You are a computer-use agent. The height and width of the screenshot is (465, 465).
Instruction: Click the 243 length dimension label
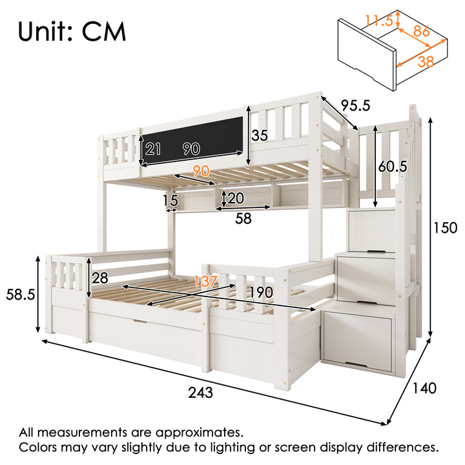pyautogui.click(x=200, y=393)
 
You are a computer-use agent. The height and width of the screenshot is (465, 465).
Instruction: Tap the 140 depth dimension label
pyautogui.click(x=424, y=388)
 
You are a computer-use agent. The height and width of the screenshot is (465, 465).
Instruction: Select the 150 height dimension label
pyautogui.click(x=446, y=228)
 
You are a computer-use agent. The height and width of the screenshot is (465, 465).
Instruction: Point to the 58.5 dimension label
pyautogui.click(x=21, y=294)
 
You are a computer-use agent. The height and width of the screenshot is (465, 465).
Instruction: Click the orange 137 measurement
pyautogui.click(x=205, y=281)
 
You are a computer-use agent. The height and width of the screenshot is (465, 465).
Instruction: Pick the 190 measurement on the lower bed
pyautogui.click(x=261, y=293)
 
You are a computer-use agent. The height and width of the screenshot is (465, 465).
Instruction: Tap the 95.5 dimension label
pyautogui.click(x=355, y=105)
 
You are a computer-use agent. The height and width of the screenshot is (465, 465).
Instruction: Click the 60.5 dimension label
pyautogui.click(x=393, y=167)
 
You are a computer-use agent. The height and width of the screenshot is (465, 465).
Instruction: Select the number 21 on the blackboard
pyautogui.click(x=152, y=149)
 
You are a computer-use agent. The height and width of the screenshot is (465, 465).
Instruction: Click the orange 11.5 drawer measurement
pyautogui.click(x=378, y=21)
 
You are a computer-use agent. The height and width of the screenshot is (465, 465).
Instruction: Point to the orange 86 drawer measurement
pyautogui.click(x=421, y=31)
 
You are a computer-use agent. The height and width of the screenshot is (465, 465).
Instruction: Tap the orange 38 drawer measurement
pyautogui.click(x=426, y=62)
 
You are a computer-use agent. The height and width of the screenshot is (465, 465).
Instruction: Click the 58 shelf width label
pyautogui.click(x=243, y=218)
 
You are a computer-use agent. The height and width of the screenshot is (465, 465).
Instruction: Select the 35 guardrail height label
pyautogui.click(x=260, y=136)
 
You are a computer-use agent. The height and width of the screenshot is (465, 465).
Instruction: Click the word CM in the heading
pyautogui.click(x=104, y=32)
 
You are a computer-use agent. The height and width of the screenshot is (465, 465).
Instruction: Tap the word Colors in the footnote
pyautogui.click(x=37, y=447)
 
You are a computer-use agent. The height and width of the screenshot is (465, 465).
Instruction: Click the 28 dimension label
pyautogui.click(x=100, y=278)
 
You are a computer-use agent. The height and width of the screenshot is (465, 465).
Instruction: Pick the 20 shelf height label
pyautogui.click(x=236, y=198)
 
